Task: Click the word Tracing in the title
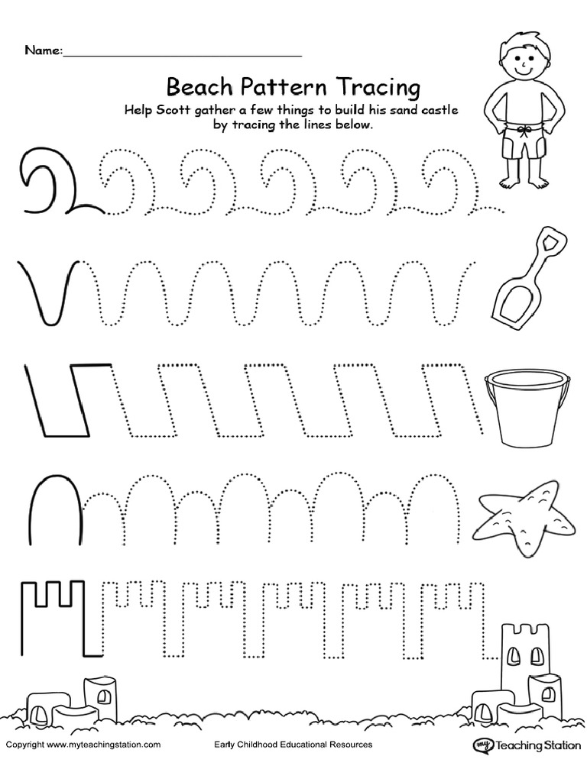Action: [372, 83]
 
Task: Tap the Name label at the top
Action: [43, 51]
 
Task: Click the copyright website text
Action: [83, 745]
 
